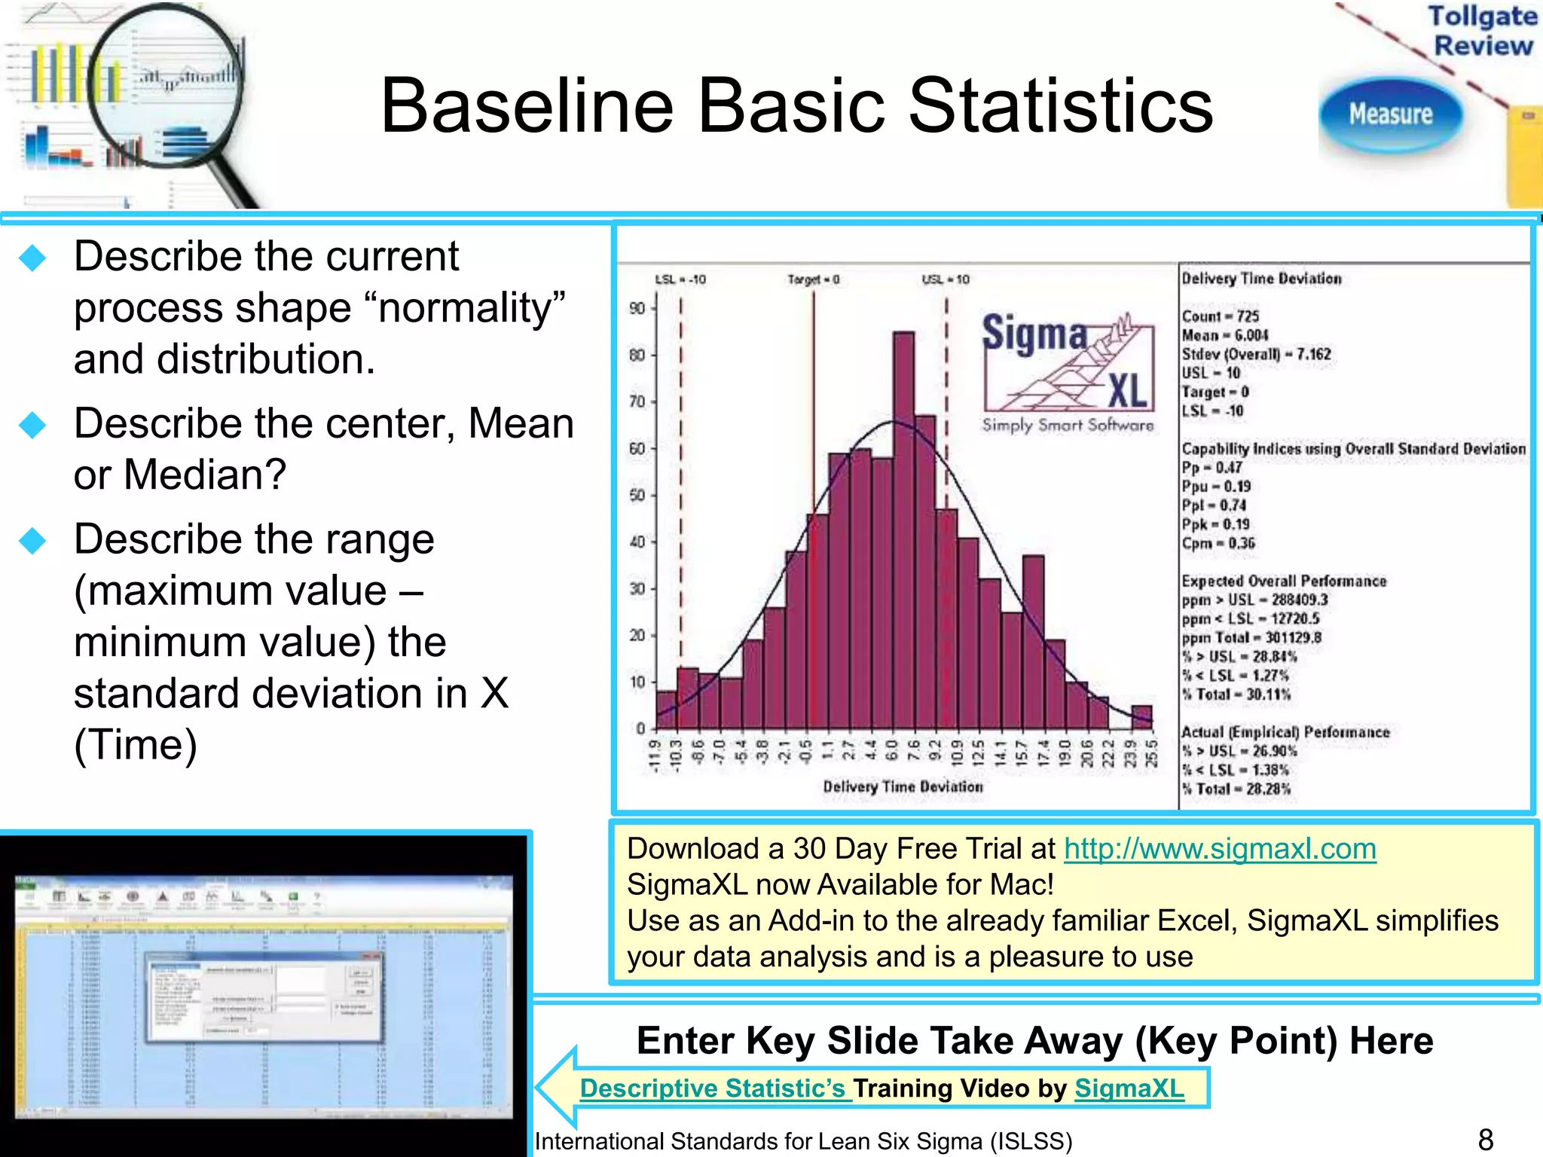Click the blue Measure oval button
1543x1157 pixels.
(x=1390, y=114)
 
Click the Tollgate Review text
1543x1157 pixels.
(x=1482, y=30)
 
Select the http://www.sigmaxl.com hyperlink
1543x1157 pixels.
(x=1219, y=849)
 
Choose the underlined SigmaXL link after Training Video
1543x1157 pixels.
(x=1129, y=1088)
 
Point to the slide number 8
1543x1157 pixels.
(x=1485, y=1140)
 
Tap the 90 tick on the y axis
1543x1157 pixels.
(x=637, y=308)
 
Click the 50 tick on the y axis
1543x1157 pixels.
(x=637, y=495)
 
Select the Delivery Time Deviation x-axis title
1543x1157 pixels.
(x=903, y=786)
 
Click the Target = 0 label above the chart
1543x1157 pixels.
(x=813, y=279)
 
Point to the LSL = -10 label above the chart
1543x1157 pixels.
(x=680, y=279)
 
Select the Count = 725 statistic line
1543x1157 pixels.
(x=1220, y=316)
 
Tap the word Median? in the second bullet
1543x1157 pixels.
(x=205, y=475)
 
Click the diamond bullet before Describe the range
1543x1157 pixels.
(x=32, y=540)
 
